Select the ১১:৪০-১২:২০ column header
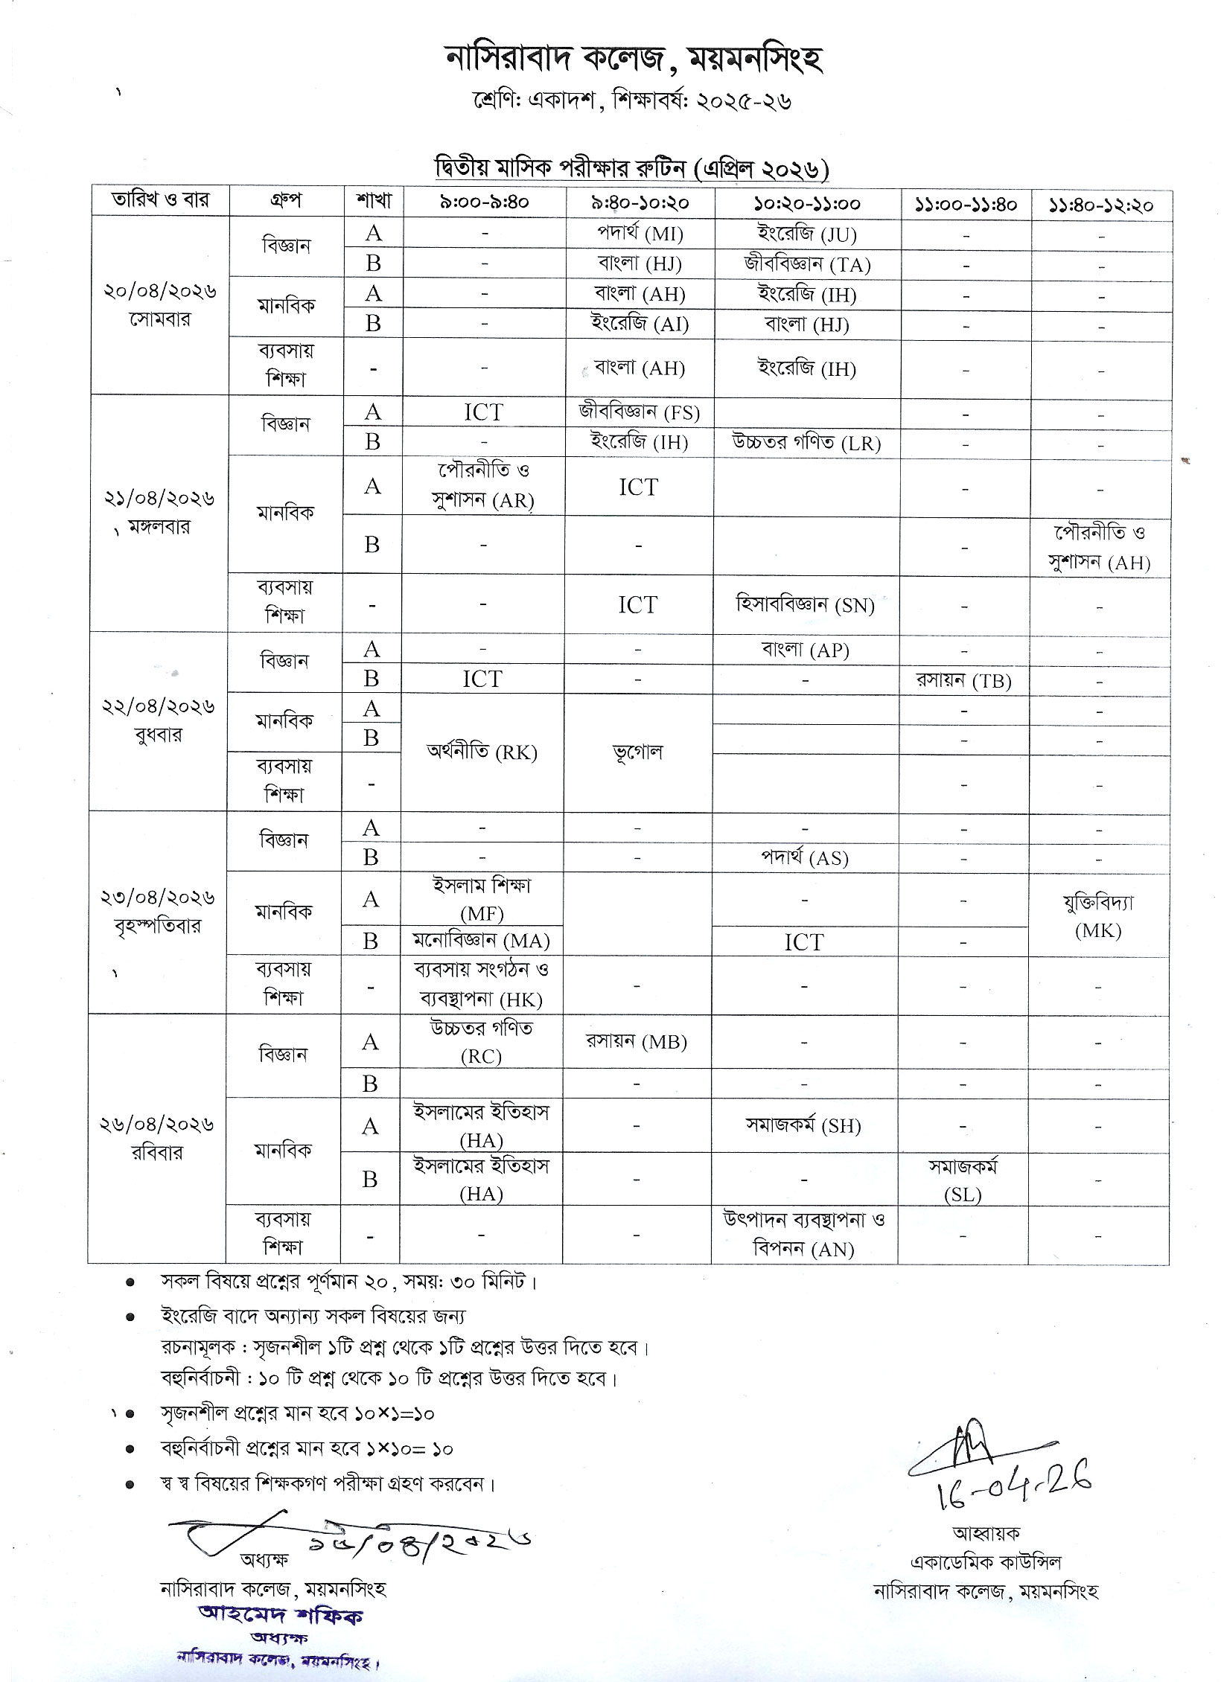(x=1100, y=204)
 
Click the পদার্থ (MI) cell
(x=640, y=234)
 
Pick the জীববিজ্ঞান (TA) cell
(x=806, y=263)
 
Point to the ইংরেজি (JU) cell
(x=806, y=234)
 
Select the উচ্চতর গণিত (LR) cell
(x=806, y=443)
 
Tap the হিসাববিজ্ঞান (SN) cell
(x=805, y=604)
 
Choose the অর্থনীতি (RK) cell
(x=482, y=752)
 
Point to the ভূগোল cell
(x=638, y=752)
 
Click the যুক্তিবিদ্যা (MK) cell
(x=1098, y=915)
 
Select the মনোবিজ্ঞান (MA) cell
(x=482, y=941)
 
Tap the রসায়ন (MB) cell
(x=637, y=1042)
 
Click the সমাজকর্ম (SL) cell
(x=963, y=1180)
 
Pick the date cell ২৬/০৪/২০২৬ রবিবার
(x=157, y=1138)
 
